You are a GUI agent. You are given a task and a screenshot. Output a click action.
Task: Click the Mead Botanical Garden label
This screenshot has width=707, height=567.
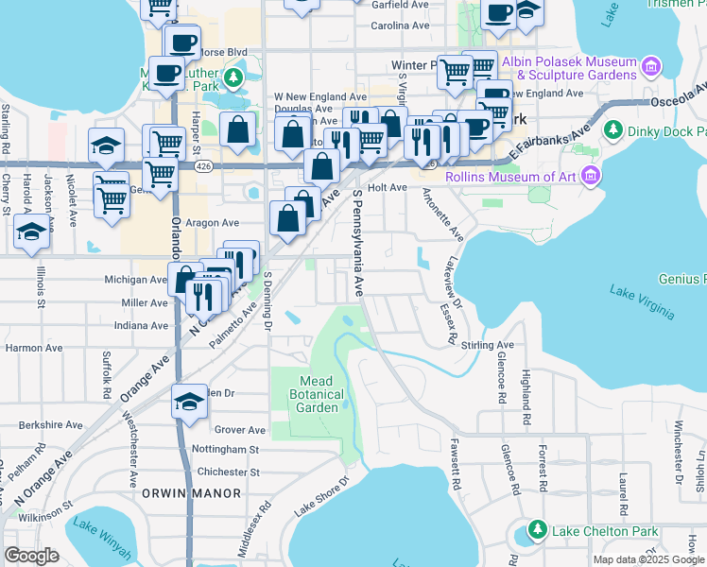pyautogui.click(x=304, y=394)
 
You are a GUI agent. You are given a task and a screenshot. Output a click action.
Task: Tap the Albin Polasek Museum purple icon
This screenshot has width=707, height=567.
pyautogui.click(x=649, y=67)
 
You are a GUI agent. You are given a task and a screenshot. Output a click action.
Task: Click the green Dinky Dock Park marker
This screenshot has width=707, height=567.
pyautogui.click(x=612, y=129)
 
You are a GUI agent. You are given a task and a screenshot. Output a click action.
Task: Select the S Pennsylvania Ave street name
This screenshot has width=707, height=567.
pyautogui.click(x=358, y=242)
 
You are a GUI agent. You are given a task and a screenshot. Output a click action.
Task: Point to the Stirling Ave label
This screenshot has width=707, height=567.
pyautogui.click(x=488, y=346)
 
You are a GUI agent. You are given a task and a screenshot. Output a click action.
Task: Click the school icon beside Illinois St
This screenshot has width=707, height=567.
pyautogui.click(x=32, y=232)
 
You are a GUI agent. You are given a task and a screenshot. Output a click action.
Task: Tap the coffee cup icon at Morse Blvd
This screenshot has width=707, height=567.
pyautogui.click(x=183, y=43)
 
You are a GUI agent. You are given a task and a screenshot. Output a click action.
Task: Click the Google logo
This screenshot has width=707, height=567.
pyautogui.click(x=31, y=556)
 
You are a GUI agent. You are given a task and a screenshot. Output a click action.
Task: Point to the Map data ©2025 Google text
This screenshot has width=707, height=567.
pyautogui.click(x=647, y=559)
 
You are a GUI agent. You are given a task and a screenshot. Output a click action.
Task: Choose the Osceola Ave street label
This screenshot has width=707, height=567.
pyautogui.click(x=678, y=102)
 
